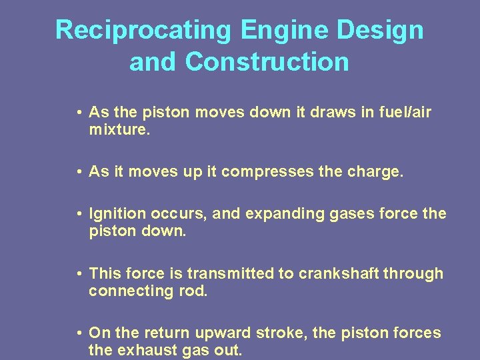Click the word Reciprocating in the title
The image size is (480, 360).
[143, 31]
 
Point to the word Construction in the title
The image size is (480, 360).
[267, 62]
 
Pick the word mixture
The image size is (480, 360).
[120, 130]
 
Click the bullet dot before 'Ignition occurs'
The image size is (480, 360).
[79, 215]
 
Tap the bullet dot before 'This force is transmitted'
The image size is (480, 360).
[79, 274]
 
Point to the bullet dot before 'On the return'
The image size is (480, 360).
[79, 333]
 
